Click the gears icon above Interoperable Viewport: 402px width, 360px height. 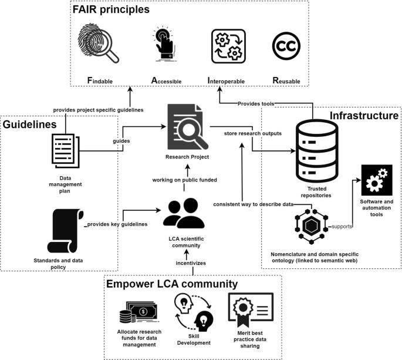228,45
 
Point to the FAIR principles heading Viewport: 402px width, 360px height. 111,10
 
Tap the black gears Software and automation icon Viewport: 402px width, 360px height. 376,180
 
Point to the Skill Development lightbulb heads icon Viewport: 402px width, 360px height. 194,311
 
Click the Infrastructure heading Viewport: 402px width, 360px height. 364,116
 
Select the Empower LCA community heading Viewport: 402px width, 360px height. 172,284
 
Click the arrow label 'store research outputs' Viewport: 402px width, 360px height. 253,133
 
